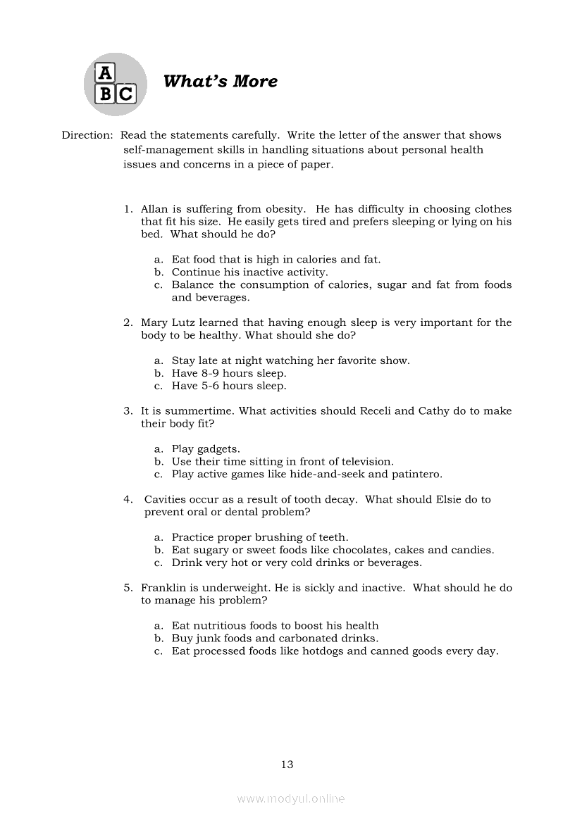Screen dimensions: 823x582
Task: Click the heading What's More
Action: tap(220, 82)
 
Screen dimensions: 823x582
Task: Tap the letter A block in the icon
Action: tap(104, 73)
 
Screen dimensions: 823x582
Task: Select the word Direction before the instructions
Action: tap(87, 135)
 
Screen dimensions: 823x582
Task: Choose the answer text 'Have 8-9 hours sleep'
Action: tap(229, 374)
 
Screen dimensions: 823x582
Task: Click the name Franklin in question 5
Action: tap(165, 588)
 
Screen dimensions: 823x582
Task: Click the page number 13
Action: tap(287, 765)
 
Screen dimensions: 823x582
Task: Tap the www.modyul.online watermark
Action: tap(291, 799)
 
